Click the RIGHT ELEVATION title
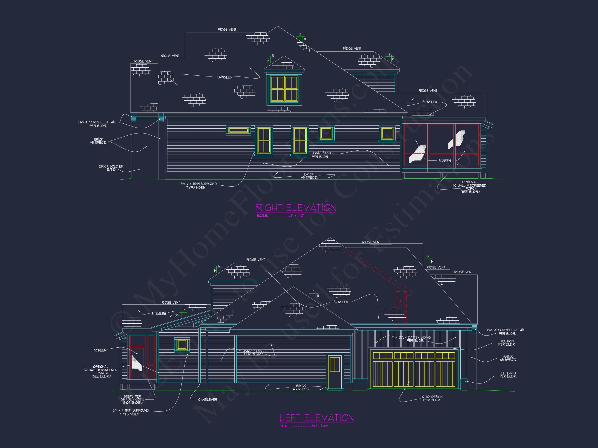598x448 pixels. [x=296, y=208]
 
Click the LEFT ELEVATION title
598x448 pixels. [x=317, y=418]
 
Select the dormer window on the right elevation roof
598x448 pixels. [x=284, y=89]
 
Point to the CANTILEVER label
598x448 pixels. [x=208, y=400]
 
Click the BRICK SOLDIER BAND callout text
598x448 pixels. [x=111, y=168]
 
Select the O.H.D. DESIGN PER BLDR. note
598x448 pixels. [x=432, y=398]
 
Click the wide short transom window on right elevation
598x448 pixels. [x=238, y=130]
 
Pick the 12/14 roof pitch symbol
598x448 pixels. [x=429, y=260]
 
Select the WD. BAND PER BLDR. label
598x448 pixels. [x=508, y=375]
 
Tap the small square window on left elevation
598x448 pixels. [x=182, y=345]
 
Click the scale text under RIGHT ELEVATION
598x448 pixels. [x=281, y=216]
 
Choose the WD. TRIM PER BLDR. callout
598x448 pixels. [x=507, y=343]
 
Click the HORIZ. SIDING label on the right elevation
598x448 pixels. [x=322, y=155]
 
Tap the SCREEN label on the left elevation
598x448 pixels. [x=100, y=350]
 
